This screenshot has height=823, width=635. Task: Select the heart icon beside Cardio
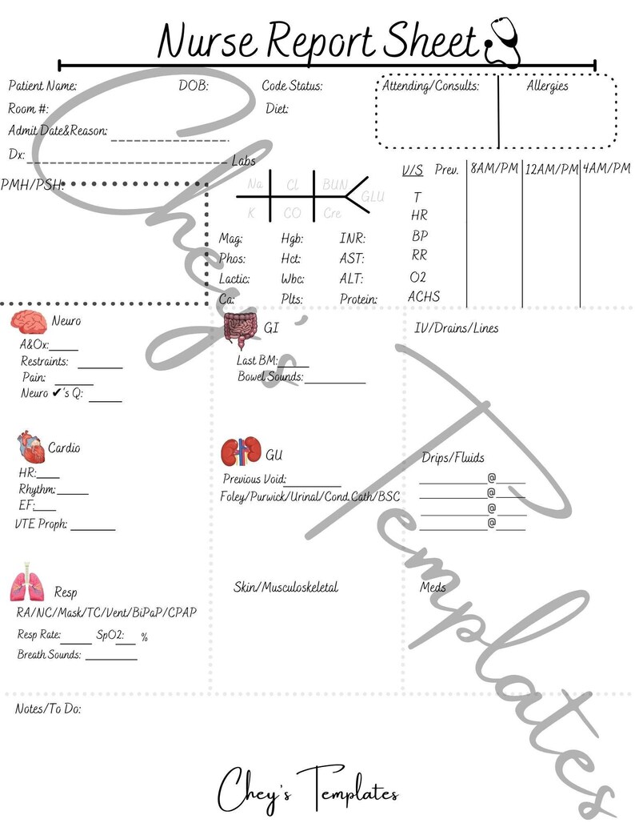[x=29, y=446]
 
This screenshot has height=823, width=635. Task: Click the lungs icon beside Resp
[x=28, y=586]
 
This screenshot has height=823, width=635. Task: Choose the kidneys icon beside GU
[x=241, y=452]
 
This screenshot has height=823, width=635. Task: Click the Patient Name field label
[x=42, y=86]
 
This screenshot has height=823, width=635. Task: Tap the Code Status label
[x=292, y=86]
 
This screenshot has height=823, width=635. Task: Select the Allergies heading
[x=547, y=86]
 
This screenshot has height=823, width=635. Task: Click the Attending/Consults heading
[x=430, y=86]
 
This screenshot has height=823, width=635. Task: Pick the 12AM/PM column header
[x=551, y=169]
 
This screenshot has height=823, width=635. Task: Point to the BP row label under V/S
[x=420, y=236]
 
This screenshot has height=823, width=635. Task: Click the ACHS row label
[x=424, y=296]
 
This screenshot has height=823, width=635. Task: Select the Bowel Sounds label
[x=270, y=376]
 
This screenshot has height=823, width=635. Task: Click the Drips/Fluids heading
[x=453, y=458]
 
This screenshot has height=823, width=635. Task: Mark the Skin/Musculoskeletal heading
[x=286, y=587]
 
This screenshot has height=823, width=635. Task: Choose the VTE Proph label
[x=42, y=524]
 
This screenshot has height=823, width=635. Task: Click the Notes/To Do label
[x=48, y=709]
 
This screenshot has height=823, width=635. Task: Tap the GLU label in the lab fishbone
[x=373, y=196]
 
